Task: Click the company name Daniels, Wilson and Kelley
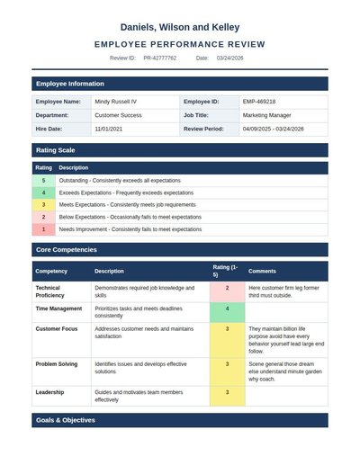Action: pos(180,28)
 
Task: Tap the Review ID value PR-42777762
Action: pos(159,58)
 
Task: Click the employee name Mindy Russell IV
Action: pos(116,102)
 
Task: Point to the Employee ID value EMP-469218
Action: pos(259,102)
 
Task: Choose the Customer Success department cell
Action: pos(120,115)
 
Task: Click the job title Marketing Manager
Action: pos(266,115)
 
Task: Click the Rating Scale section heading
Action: pos(55,149)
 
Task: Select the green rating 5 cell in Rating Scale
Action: pos(43,181)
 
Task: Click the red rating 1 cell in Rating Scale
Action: pos(43,229)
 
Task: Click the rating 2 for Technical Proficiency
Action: pos(227,288)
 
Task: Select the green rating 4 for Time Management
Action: pos(227,309)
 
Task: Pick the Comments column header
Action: pos(262,271)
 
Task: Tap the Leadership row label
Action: pos(49,392)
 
